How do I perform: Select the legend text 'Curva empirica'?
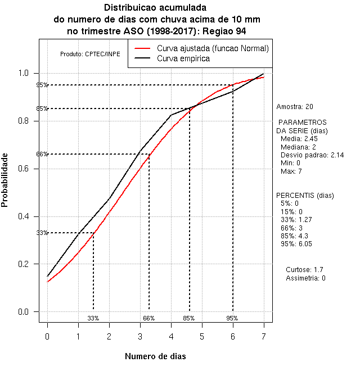click(183, 58)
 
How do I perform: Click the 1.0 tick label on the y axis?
click(25, 73)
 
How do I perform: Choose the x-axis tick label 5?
click(202, 336)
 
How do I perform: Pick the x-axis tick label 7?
click(264, 336)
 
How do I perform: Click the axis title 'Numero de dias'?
click(155, 356)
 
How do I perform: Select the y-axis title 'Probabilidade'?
click(6, 179)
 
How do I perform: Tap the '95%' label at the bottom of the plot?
click(232, 318)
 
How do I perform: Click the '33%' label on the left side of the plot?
click(42, 233)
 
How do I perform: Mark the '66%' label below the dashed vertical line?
click(148, 318)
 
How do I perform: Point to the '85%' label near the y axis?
click(42, 108)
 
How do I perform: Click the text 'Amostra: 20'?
click(295, 106)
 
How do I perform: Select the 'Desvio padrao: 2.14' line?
click(312, 155)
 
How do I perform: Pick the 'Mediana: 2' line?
click(299, 147)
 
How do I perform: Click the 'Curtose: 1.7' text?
click(304, 270)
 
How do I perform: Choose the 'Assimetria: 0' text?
click(305, 278)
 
